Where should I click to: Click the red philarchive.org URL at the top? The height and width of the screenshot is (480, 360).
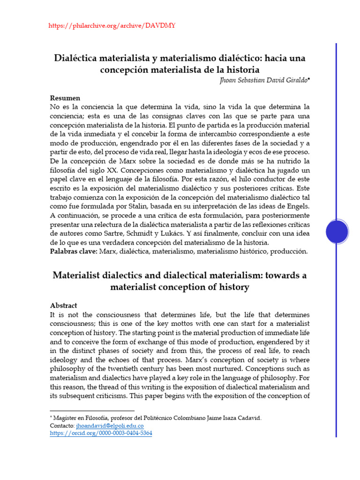point(112,25)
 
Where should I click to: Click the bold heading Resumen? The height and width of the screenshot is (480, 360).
point(65,98)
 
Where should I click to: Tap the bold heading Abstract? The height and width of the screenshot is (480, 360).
point(63,305)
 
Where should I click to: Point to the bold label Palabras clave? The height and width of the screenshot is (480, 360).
point(73,252)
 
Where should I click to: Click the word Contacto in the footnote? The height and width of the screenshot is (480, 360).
point(61,426)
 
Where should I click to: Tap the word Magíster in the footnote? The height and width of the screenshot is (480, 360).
point(66,418)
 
